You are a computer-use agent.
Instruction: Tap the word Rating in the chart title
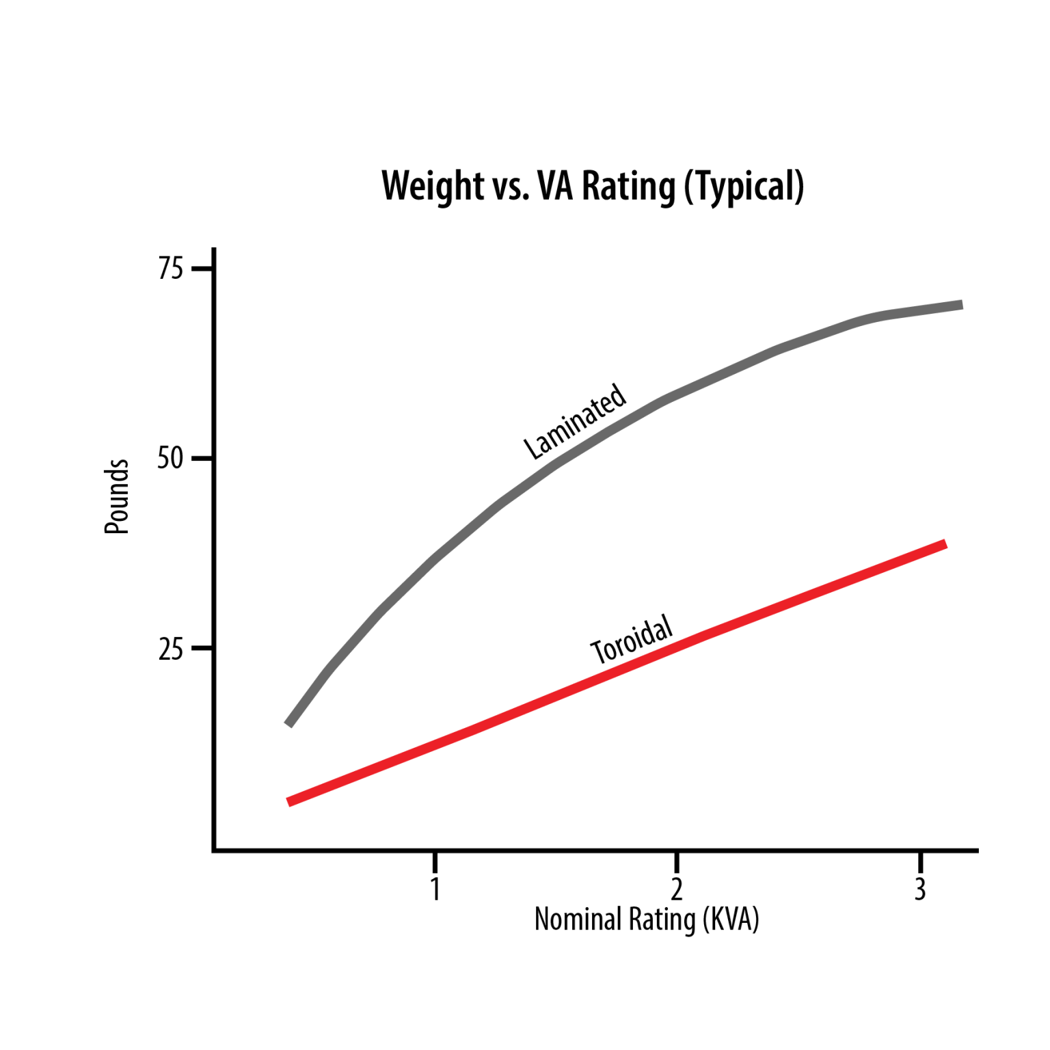coord(628,187)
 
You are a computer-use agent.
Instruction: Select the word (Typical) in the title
coord(744,187)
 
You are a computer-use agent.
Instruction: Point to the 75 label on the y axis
coord(170,269)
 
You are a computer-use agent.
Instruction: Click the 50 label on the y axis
coord(170,458)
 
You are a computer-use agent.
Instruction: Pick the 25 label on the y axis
coord(170,649)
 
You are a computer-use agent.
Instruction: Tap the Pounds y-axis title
coord(117,496)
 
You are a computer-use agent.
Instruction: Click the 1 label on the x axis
coord(435,889)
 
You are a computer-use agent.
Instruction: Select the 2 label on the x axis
coord(676,889)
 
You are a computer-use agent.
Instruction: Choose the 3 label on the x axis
coord(920,889)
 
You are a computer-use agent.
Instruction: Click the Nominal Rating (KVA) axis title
coord(646,919)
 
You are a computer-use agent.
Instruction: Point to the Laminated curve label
coord(575,421)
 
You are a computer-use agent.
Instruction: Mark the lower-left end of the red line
coord(290,801)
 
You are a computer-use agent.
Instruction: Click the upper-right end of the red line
coord(945,544)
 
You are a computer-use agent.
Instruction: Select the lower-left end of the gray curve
coord(289,723)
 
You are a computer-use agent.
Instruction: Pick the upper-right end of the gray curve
coord(960,305)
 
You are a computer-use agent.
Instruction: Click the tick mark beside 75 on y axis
coord(202,269)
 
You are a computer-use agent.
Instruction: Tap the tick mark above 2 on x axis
coord(676,861)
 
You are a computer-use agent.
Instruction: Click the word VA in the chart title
coord(554,187)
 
